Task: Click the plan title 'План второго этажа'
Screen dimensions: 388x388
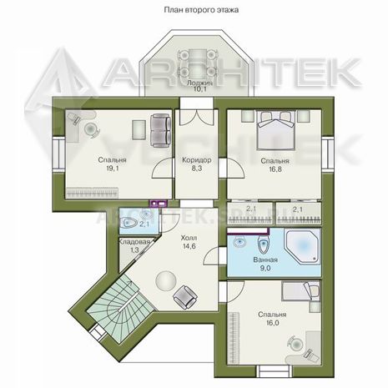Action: tap(201, 10)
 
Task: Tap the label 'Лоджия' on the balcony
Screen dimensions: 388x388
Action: tap(199, 83)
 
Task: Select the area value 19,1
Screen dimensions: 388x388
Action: tap(113, 169)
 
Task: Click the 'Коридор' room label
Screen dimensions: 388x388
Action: tap(197, 160)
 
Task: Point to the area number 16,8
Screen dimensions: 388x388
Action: tap(275, 169)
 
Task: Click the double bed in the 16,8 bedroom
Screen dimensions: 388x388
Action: tap(275, 130)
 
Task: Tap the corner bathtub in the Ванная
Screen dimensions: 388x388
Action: tap(302, 247)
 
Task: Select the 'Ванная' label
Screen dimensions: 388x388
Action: tap(265, 260)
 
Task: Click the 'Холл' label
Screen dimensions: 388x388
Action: tap(189, 238)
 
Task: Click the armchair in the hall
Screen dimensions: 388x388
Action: tap(185, 297)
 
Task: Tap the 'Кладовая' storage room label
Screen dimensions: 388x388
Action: tap(134, 242)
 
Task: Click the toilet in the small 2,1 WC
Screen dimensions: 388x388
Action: tap(128, 222)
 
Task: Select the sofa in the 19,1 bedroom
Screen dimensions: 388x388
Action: tap(160, 131)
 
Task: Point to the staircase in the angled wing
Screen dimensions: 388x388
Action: tap(120, 307)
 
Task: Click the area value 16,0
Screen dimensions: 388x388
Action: tap(273, 323)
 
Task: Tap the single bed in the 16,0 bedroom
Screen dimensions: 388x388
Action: tap(300, 291)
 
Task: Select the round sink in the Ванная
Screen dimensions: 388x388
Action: tap(239, 241)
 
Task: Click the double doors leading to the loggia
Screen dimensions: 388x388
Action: tap(197, 117)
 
